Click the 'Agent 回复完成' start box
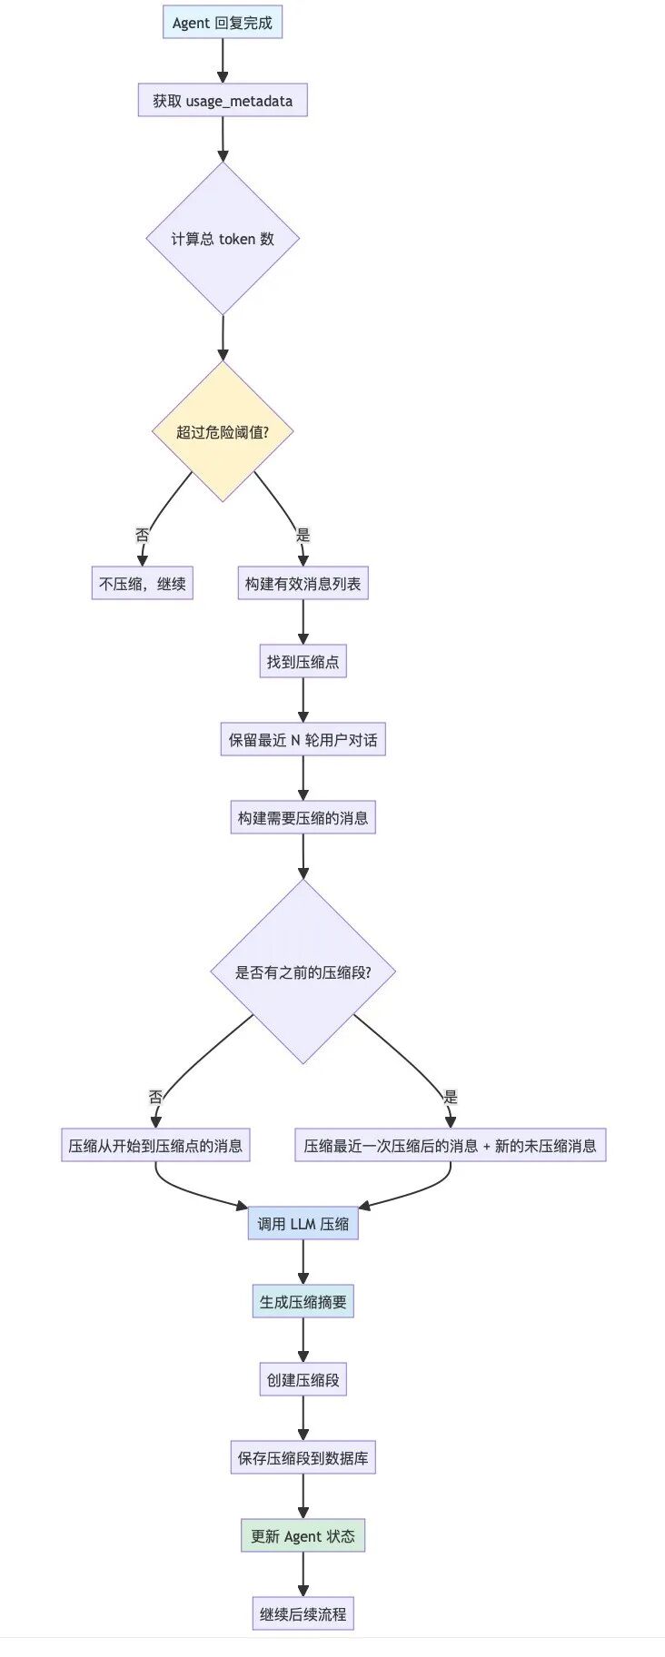pos(223,23)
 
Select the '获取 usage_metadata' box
pos(223,101)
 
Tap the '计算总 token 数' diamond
pos(223,239)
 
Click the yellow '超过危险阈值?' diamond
pos(223,432)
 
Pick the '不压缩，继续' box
pos(143,584)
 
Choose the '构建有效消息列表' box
pos(303,584)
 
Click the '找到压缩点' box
pos(303,662)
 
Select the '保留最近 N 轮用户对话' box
pos(303,740)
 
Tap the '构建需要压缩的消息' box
pos(303,818)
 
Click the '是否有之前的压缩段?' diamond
pos(303,972)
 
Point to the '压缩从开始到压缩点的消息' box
pos(155,1146)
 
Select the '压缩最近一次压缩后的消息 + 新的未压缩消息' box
pos(450,1146)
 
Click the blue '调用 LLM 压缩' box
pos(303,1224)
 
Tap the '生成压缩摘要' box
pos(303,1302)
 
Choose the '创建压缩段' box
pos(303,1380)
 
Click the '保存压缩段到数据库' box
pos(303,1458)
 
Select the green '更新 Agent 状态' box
pos(303,1536)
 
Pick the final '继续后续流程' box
pos(303,1614)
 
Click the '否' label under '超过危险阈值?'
pos(143,536)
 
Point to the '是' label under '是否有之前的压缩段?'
pos(450,1097)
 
